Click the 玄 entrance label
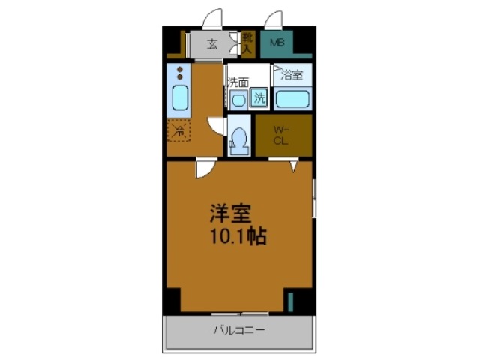(212, 44)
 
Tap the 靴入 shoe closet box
(247, 44)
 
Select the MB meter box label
(277, 44)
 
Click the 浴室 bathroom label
(292, 75)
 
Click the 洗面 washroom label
(238, 81)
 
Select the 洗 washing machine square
(259, 97)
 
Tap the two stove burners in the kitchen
(180, 74)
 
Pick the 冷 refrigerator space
(179, 130)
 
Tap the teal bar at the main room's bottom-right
(290, 303)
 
